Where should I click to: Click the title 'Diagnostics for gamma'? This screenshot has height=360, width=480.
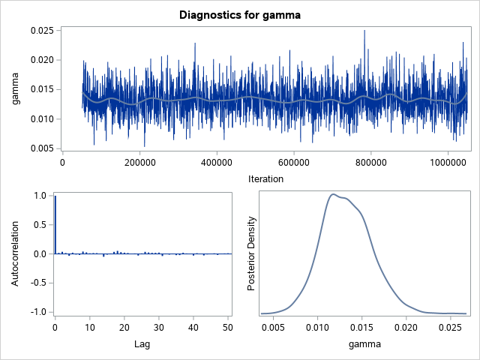pos(240,14)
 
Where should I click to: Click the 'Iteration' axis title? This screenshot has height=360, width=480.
pos(265,179)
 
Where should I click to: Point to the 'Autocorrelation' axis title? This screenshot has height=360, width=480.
pos(16,253)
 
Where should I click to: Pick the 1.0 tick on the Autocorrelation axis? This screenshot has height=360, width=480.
pos(40,196)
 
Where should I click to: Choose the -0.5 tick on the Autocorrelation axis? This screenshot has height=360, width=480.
pos(37,283)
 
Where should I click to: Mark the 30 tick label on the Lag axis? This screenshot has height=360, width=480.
pos(159,328)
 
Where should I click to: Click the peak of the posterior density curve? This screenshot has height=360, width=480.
pos(331,194)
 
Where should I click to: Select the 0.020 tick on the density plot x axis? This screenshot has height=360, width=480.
pos(406,328)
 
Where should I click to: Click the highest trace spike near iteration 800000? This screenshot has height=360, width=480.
pos(364,31)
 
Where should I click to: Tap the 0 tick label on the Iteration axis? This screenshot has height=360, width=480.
pos(62,162)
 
